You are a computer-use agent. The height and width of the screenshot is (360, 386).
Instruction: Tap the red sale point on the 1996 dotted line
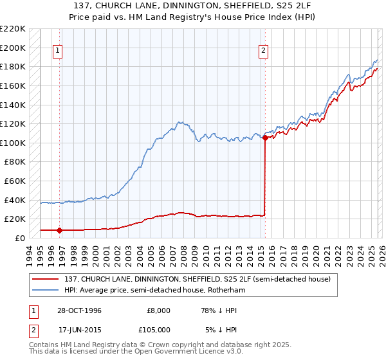(x=60, y=230)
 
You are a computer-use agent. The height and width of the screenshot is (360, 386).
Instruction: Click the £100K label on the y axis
(x=13, y=143)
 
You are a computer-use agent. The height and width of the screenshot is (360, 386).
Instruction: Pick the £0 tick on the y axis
(x=19, y=238)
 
